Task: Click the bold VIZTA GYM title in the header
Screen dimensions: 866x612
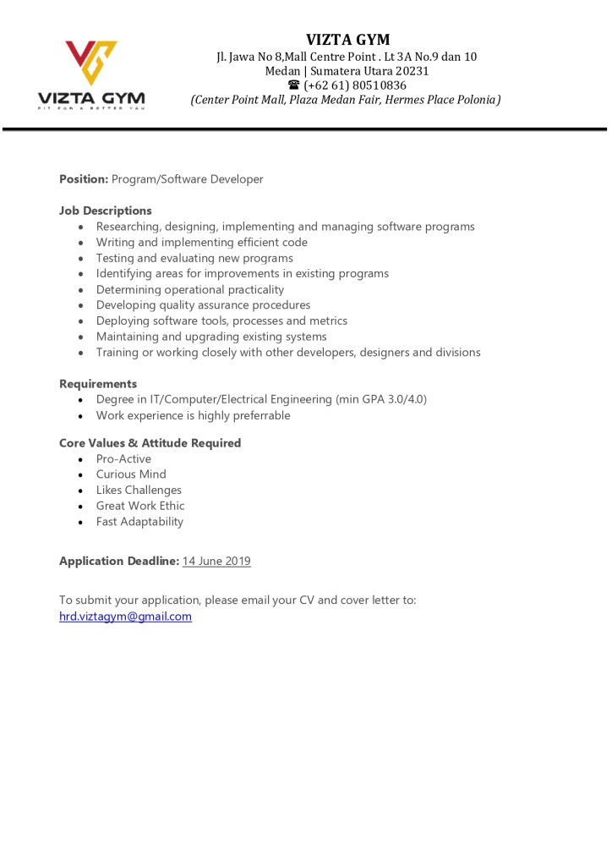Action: [x=347, y=40]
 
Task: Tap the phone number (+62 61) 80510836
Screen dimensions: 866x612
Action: [x=355, y=85]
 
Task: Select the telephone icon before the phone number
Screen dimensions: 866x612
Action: [x=293, y=85]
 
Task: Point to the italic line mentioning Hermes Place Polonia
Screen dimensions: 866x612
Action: [x=346, y=100]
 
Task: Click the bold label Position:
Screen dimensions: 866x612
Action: [x=84, y=179]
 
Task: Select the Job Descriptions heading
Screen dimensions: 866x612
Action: [x=106, y=211]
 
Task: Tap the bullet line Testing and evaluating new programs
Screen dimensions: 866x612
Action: [x=194, y=258]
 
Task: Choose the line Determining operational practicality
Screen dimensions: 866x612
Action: [x=190, y=289]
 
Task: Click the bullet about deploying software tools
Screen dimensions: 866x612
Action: [x=221, y=321]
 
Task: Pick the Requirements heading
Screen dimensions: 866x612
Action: [x=98, y=384]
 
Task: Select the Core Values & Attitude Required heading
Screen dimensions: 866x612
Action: [x=150, y=443]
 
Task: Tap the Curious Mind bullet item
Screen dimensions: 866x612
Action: [x=131, y=474]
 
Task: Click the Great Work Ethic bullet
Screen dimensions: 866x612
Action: [x=140, y=506]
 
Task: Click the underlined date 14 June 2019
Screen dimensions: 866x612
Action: [x=216, y=561]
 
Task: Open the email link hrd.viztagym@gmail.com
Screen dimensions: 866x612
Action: [x=125, y=617]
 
